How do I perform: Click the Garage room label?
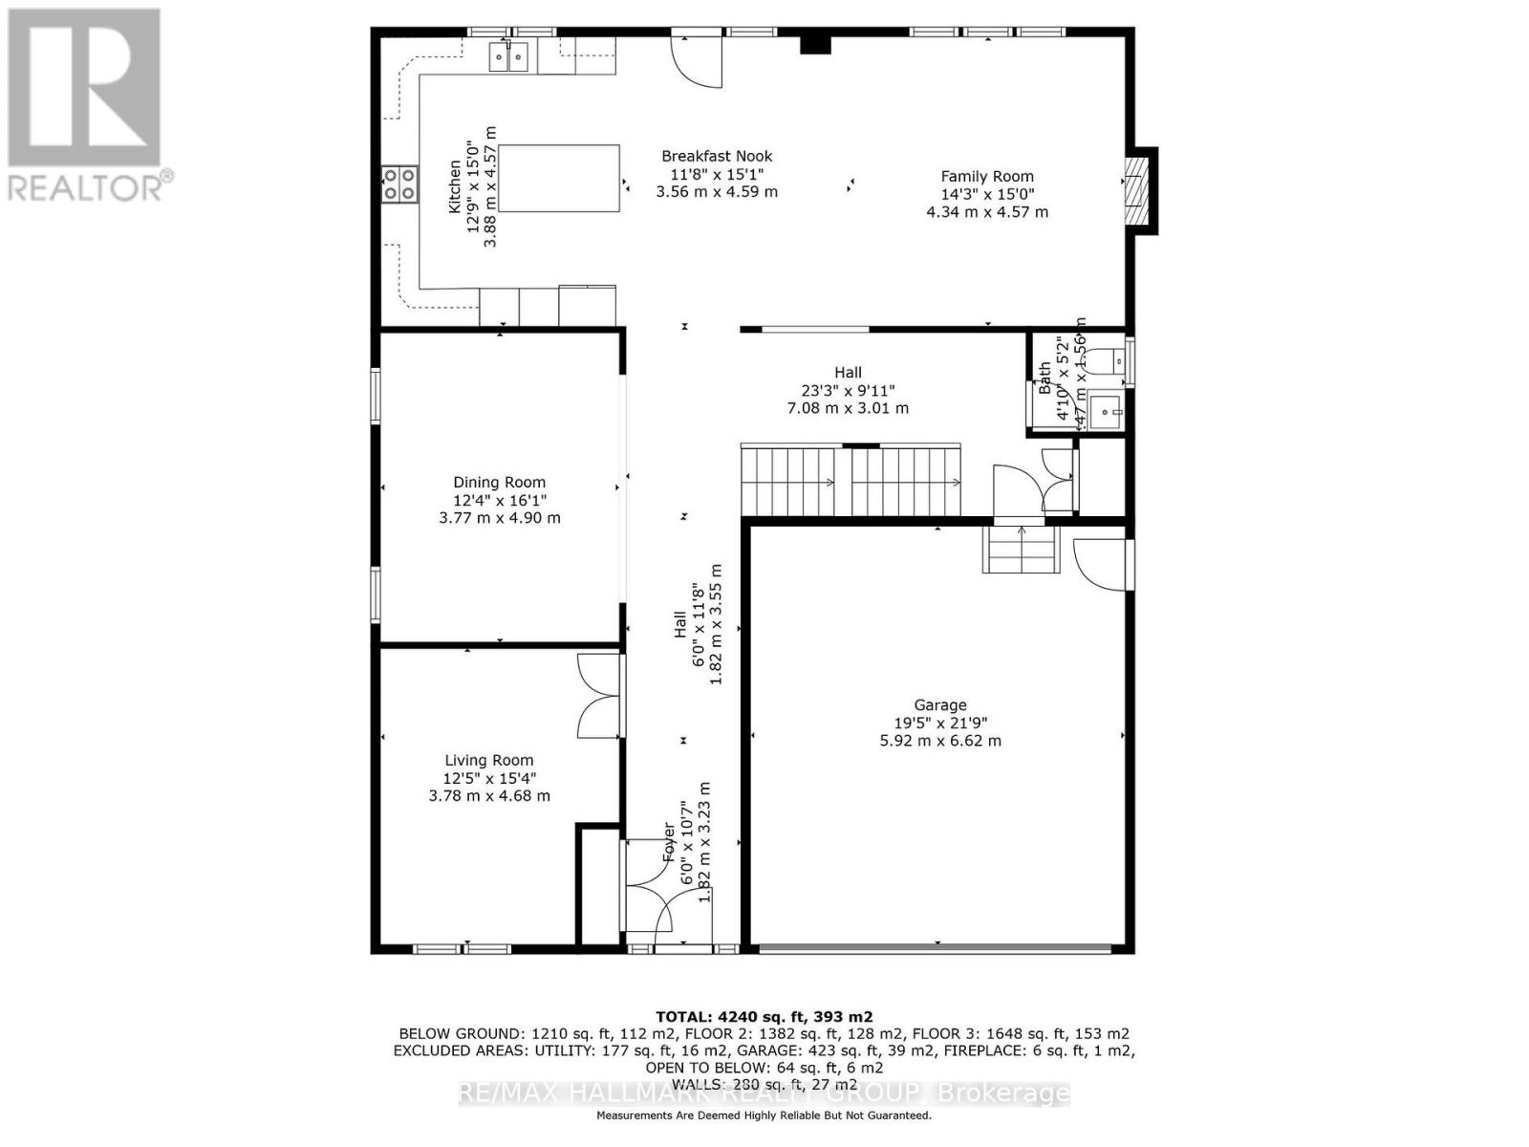[939, 705]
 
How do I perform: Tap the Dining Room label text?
[499, 483]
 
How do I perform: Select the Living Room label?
[488, 761]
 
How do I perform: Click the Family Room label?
[987, 176]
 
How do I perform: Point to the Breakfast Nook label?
[717, 156]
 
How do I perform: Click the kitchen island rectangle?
[558, 178]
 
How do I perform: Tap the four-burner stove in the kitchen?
[399, 184]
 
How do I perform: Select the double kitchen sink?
[508, 57]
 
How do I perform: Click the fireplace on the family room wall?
[1136, 190]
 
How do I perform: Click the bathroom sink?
[1107, 412]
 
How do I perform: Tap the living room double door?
[598, 695]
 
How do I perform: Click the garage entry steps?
[1022, 550]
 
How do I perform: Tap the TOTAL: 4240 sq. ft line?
[764, 1017]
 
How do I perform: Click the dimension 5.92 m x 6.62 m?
[940, 741]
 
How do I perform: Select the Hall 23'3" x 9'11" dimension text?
[848, 390]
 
